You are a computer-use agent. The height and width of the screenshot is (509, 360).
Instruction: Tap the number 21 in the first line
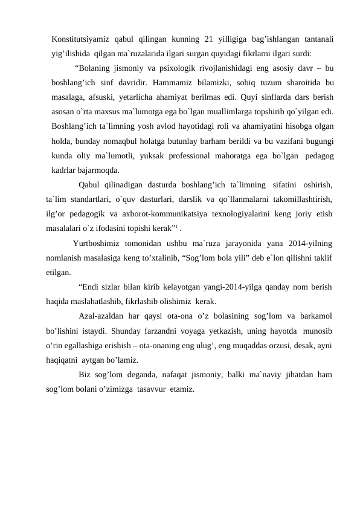pos(210,39)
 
